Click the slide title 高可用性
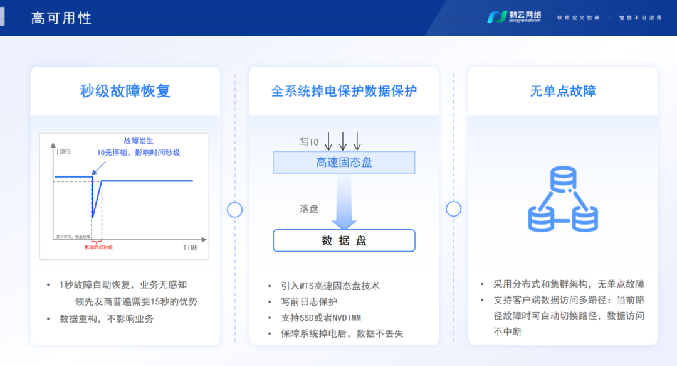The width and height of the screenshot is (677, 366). (61, 18)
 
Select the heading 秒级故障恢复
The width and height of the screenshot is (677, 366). (125, 91)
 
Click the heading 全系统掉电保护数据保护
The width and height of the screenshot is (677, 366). (344, 91)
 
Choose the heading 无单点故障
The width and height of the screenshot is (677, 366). (563, 91)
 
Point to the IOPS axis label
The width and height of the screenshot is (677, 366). (63, 152)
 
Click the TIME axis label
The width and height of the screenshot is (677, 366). (190, 248)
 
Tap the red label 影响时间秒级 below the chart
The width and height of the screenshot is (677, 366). (99, 247)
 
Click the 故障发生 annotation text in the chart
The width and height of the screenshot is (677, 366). (139, 141)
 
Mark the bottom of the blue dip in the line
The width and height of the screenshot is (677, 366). (93, 217)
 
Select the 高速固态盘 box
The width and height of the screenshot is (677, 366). (344, 163)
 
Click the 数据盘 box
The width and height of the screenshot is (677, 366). (344, 240)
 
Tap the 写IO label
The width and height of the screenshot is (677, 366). (309, 143)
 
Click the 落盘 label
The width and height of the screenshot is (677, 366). (309, 208)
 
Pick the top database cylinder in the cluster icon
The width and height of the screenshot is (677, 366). (563, 181)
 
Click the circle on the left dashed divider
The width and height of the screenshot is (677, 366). (234, 210)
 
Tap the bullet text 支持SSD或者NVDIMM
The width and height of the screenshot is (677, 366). (321, 318)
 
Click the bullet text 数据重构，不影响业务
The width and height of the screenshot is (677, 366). (107, 318)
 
